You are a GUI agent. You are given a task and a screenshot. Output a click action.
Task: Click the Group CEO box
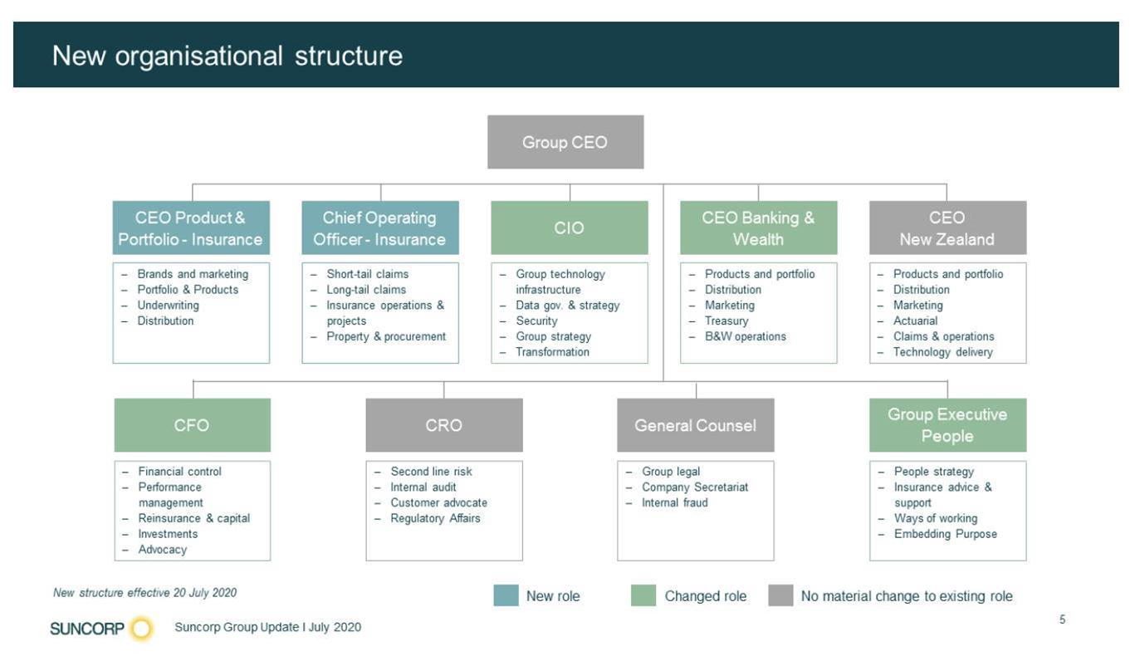565,142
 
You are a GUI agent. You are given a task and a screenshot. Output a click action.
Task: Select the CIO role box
570,228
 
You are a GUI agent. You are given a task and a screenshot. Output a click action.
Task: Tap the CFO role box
192,425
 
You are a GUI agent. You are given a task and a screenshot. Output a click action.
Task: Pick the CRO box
444,425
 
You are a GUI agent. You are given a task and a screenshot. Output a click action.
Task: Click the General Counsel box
696,425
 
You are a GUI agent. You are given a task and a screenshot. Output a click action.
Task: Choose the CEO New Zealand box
948,228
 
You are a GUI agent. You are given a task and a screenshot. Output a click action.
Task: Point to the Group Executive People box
948,425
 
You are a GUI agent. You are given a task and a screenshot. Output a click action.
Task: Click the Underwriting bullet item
168,306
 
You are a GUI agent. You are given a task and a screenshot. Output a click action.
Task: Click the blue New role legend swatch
506,595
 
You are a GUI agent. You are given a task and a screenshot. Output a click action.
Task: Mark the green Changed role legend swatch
643,595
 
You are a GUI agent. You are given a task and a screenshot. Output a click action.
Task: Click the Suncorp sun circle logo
141,629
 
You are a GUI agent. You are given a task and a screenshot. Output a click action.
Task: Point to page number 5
1063,619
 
